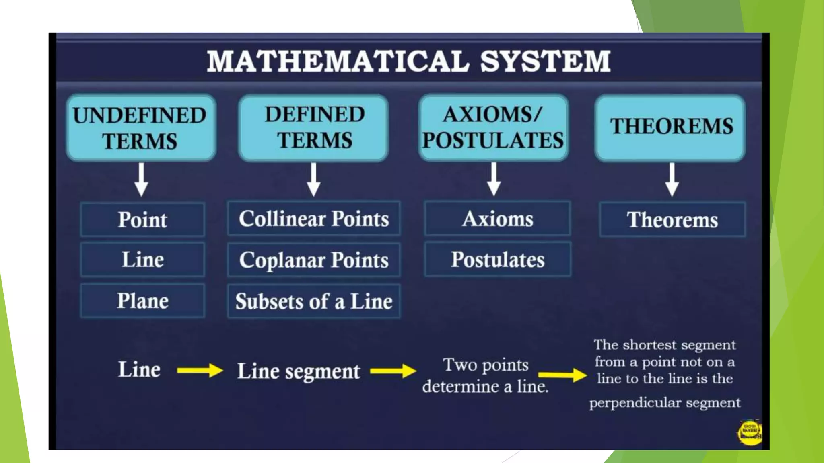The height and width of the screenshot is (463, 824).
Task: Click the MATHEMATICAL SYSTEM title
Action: point(408,61)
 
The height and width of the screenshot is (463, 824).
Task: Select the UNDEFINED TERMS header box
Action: point(141,128)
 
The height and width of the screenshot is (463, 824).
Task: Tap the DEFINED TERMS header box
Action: point(313,128)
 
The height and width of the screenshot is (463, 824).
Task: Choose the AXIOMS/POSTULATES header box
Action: point(493,128)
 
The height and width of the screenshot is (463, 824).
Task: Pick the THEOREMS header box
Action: point(670,128)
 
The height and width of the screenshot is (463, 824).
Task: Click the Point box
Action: point(142,220)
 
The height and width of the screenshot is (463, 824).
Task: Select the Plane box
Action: point(142,301)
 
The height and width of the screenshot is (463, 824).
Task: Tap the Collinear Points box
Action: point(314,219)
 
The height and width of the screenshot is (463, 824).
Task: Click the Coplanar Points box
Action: point(314,260)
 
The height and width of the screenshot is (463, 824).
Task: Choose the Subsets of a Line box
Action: point(314,301)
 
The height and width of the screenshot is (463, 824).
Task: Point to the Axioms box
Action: point(498,219)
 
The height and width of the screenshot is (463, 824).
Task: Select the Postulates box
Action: point(498,260)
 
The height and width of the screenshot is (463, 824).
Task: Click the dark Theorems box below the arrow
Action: point(672,220)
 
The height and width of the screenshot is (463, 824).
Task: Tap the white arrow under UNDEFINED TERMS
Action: point(141,179)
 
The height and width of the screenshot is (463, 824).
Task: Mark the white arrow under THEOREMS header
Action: point(672,179)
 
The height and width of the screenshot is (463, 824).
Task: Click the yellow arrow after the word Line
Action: point(200,370)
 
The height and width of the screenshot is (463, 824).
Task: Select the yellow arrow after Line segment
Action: point(393,371)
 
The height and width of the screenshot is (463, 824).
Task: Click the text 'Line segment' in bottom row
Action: point(299,371)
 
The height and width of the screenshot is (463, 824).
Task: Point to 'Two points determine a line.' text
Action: point(485,375)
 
